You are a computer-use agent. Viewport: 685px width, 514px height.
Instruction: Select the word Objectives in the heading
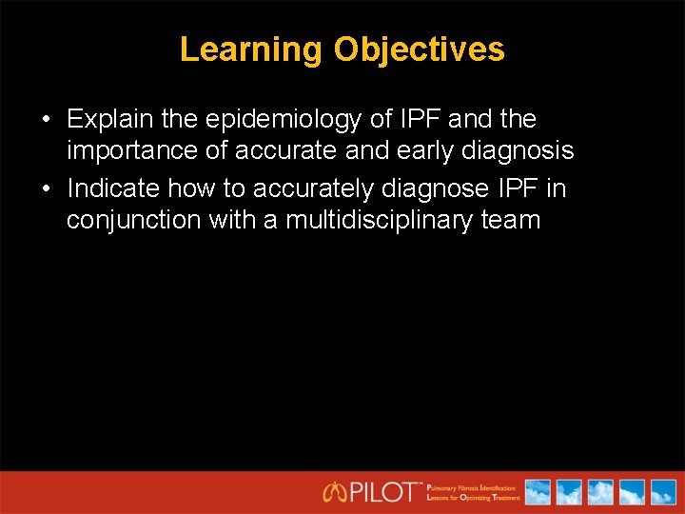pyautogui.click(x=419, y=49)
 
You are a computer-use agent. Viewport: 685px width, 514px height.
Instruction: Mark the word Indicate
pyautogui.click(x=114, y=188)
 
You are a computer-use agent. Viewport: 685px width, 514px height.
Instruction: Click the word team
pyautogui.click(x=511, y=220)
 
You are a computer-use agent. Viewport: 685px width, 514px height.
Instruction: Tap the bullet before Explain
pyautogui.click(x=46, y=121)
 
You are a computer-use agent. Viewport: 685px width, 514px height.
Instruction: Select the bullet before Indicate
pyautogui.click(x=46, y=189)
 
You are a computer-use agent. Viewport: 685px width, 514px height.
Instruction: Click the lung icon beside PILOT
pyautogui.click(x=336, y=492)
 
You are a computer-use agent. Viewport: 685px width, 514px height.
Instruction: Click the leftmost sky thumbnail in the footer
pyautogui.click(x=538, y=492)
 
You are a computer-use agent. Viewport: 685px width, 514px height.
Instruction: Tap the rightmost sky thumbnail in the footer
pyautogui.click(x=661, y=492)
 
